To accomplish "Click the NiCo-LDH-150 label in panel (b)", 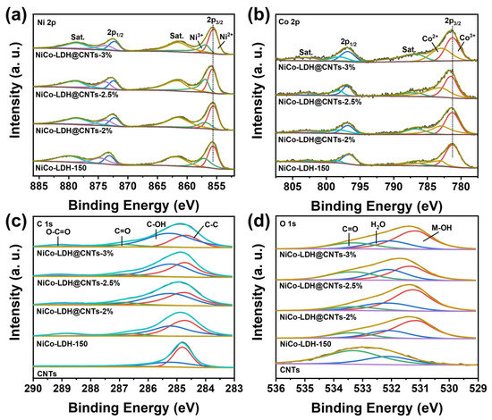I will click(304, 166).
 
